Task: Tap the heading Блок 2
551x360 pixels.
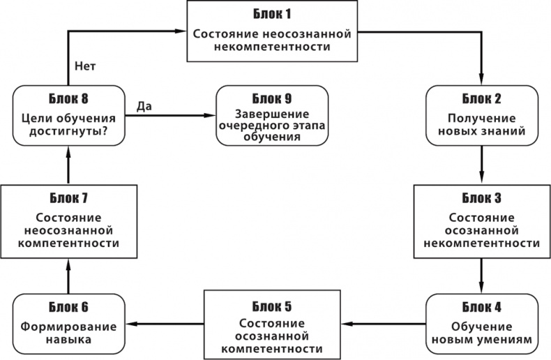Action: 481,98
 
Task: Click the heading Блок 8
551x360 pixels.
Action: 68,98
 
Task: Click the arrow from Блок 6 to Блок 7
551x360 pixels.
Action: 68,275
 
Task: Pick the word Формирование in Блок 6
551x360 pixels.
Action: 68,326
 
